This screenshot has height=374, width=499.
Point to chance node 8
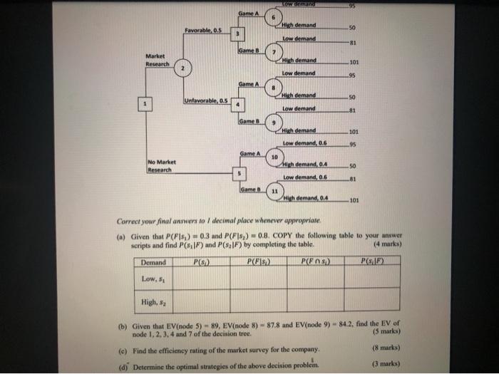click(x=274, y=87)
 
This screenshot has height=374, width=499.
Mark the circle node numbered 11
click(x=274, y=192)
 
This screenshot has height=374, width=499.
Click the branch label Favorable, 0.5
click(x=205, y=30)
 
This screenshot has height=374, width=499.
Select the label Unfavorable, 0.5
click(x=207, y=100)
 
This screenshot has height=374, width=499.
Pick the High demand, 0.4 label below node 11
click(x=307, y=198)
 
